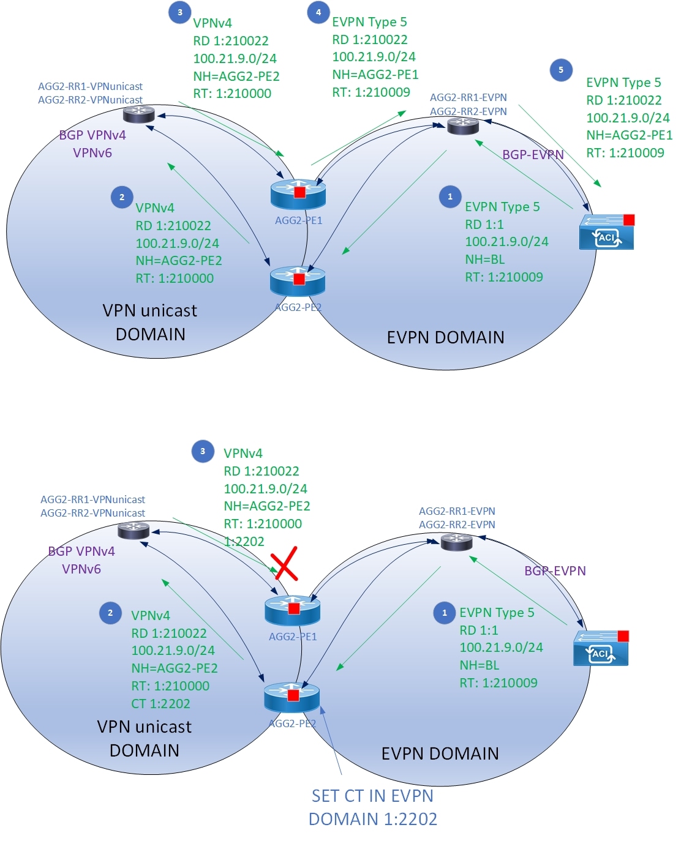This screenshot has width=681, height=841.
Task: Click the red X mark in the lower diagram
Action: (x=285, y=564)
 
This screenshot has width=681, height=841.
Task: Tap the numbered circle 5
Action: (x=561, y=70)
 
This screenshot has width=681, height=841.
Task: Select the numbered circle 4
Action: (x=318, y=12)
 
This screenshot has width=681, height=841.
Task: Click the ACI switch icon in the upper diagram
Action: (x=606, y=233)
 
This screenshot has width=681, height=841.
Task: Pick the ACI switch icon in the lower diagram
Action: (x=601, y=649)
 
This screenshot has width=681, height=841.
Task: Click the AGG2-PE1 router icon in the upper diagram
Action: (x=298, y=195)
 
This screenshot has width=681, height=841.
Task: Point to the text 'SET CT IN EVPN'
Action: (x=372, y=796)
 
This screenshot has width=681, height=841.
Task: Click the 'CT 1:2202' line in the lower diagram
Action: (x=160, y=704)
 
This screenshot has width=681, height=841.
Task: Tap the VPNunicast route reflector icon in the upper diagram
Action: (x=139, y=114)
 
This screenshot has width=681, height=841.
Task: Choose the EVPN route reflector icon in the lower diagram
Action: (x=457, y=541)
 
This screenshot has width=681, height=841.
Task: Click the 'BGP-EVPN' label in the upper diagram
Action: (x=533, y=155)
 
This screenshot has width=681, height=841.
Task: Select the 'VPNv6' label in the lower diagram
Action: (x=81, y=569)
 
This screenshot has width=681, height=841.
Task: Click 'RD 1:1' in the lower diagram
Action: (x=479, y=630)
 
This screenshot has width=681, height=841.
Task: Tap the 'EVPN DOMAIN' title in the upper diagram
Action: (x=445, y=337)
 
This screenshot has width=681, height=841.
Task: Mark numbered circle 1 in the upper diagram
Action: (x=450, y=197)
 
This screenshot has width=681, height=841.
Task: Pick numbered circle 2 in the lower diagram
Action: (x=110, y=613)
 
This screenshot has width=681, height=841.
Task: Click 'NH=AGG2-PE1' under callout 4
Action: (x=375, y=75)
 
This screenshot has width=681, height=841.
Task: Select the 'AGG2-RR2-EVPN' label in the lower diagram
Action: (x=457, y=525)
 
